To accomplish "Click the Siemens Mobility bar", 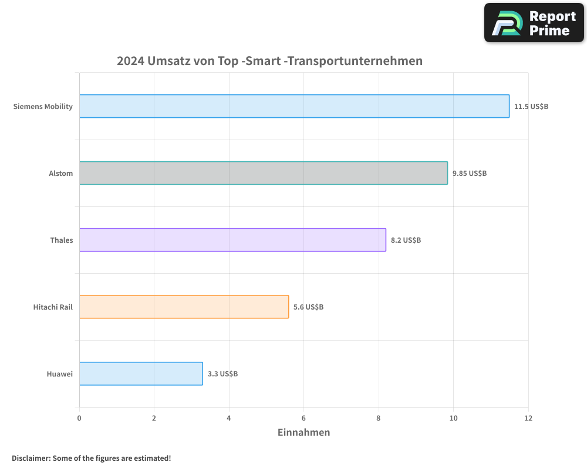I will (294, 106).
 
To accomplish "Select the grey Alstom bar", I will (263, 173).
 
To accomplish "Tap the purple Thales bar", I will (232, 240).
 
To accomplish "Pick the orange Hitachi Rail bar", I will (184, 307).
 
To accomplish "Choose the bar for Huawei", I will (141, 373).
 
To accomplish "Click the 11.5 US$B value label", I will (531, 107).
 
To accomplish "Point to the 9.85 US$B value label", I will (470, 174).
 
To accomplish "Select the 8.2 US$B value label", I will (406, 240).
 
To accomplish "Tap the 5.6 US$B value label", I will (308, 307).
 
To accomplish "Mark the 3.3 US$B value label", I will (222, 374).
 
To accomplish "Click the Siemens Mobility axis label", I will (43, 107).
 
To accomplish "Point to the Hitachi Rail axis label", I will (53, 307).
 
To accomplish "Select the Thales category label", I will (62, 240).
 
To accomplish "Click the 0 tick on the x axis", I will (79, 418).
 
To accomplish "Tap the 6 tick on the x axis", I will (303, 418).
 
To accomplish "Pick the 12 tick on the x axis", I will (528, 418).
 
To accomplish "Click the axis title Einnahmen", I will (303, 433).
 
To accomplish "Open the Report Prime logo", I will (534, 23).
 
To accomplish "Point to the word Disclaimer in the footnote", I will (30, 458).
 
